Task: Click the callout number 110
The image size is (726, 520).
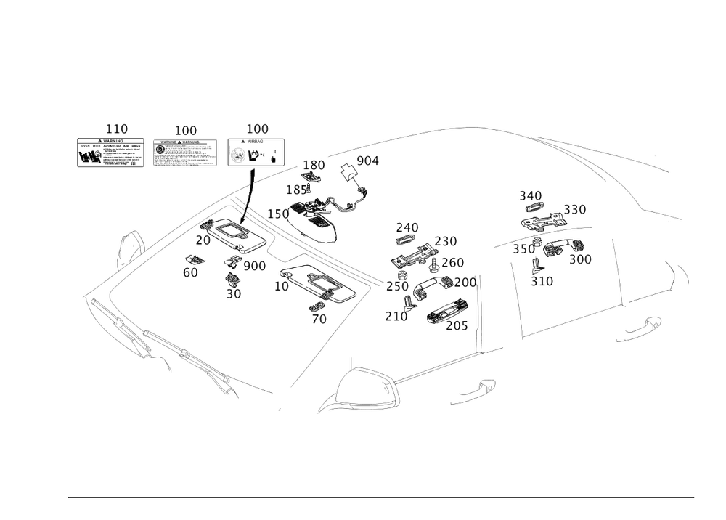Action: coord(116,129)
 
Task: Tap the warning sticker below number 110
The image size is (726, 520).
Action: coord(110,153)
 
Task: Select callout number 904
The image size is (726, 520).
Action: coord(368,161)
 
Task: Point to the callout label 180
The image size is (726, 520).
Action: coord(314,165)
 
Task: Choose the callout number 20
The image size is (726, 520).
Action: coord(203,240)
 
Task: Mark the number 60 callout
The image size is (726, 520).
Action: coord(190,272)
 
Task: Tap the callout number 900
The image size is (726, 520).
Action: coord(254,267)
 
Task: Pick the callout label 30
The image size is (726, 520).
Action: coord(233,294)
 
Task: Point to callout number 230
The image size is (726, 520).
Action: coord(445,240)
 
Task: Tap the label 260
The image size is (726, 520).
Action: coord(452,262)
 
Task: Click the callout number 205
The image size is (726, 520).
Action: coord(457,327)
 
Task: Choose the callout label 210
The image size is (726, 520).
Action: coord(396,316)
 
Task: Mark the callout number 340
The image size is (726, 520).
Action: coord(530,195)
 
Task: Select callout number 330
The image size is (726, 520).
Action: coord(574,209)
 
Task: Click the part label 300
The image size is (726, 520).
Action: coord(579,259)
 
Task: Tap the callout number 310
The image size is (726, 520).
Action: coord(542,281)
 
